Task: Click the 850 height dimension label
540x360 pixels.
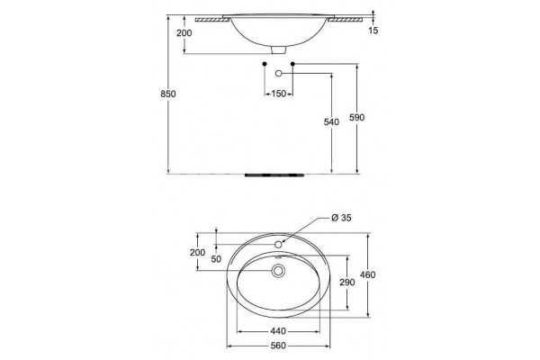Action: coord(168,94)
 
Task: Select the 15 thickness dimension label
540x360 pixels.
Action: coord(373,31)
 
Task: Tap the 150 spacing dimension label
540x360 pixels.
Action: coord(279,94)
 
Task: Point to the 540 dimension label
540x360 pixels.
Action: coord(331,122)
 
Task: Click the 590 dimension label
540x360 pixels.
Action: coord(356,118)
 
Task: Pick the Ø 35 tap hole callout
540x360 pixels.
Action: coord(341,218)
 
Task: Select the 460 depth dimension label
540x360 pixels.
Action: coord(367,274)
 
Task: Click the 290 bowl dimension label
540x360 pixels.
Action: coord(346,283)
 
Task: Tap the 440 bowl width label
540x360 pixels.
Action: coord(278,331)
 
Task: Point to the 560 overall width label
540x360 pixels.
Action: coord(278,346)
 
